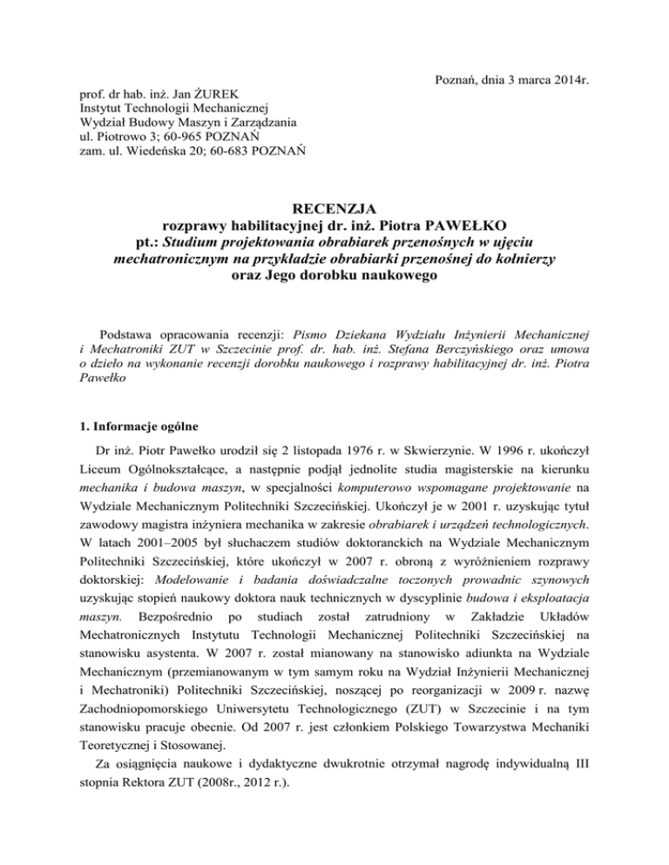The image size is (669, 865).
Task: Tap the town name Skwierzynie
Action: pos(406,430)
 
